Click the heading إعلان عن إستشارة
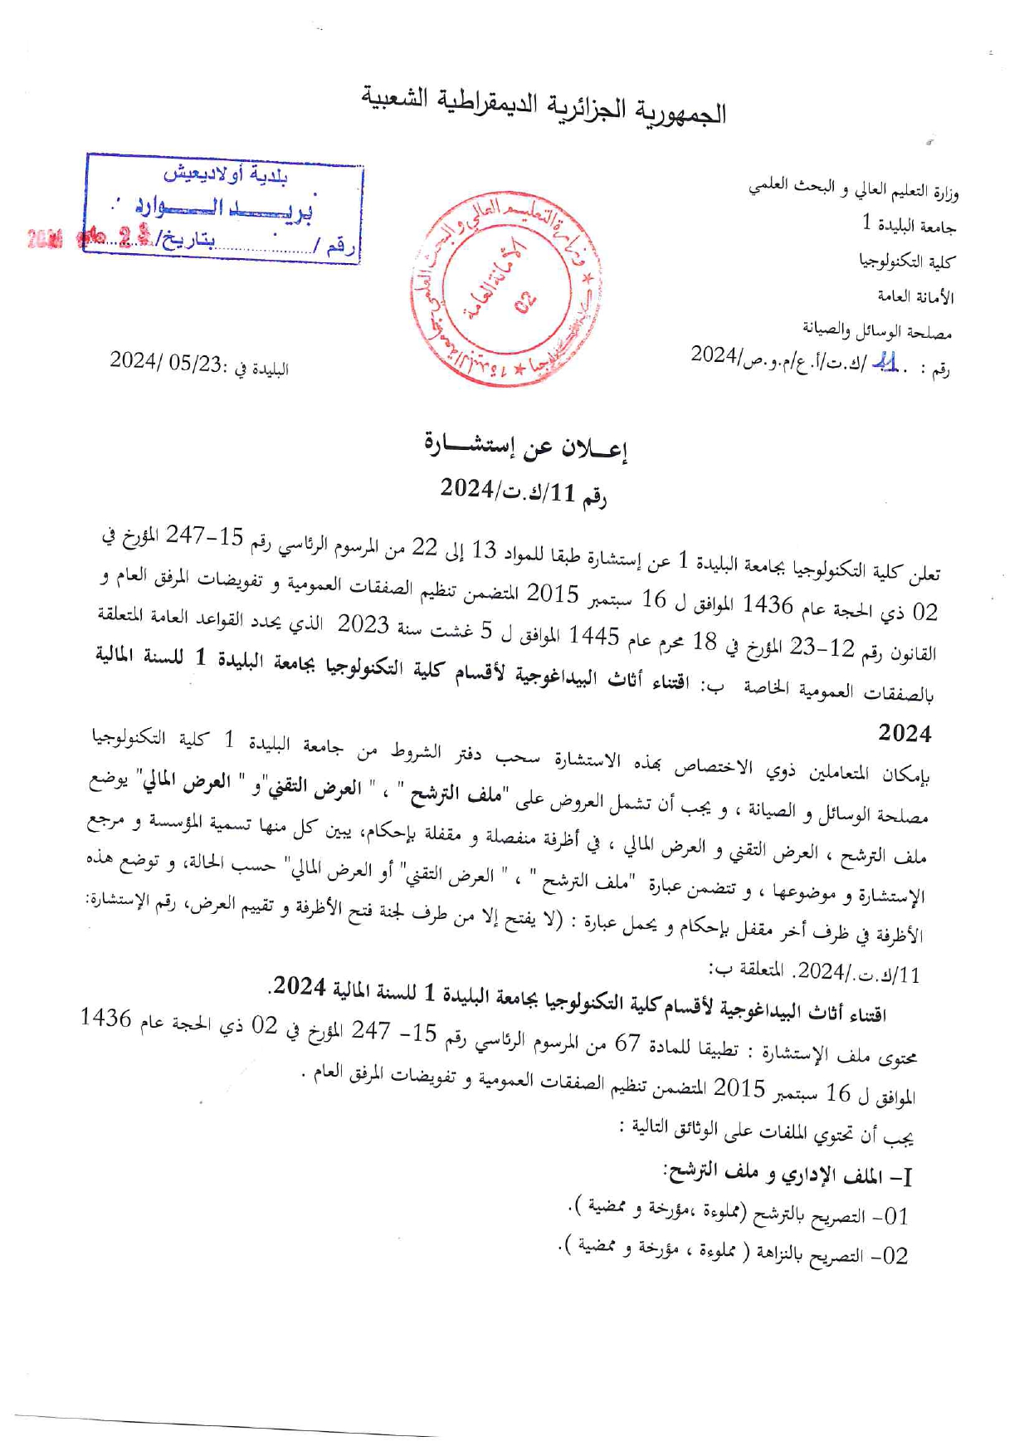(525, 448)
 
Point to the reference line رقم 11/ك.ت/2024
(524, 491)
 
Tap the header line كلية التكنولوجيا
(907, 261)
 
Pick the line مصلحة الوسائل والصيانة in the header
(876, 331)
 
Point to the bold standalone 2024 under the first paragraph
(905, 733)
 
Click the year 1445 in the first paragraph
(594, 637)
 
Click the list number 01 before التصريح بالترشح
(895, 1217)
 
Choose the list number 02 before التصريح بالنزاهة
(895, 1255)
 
